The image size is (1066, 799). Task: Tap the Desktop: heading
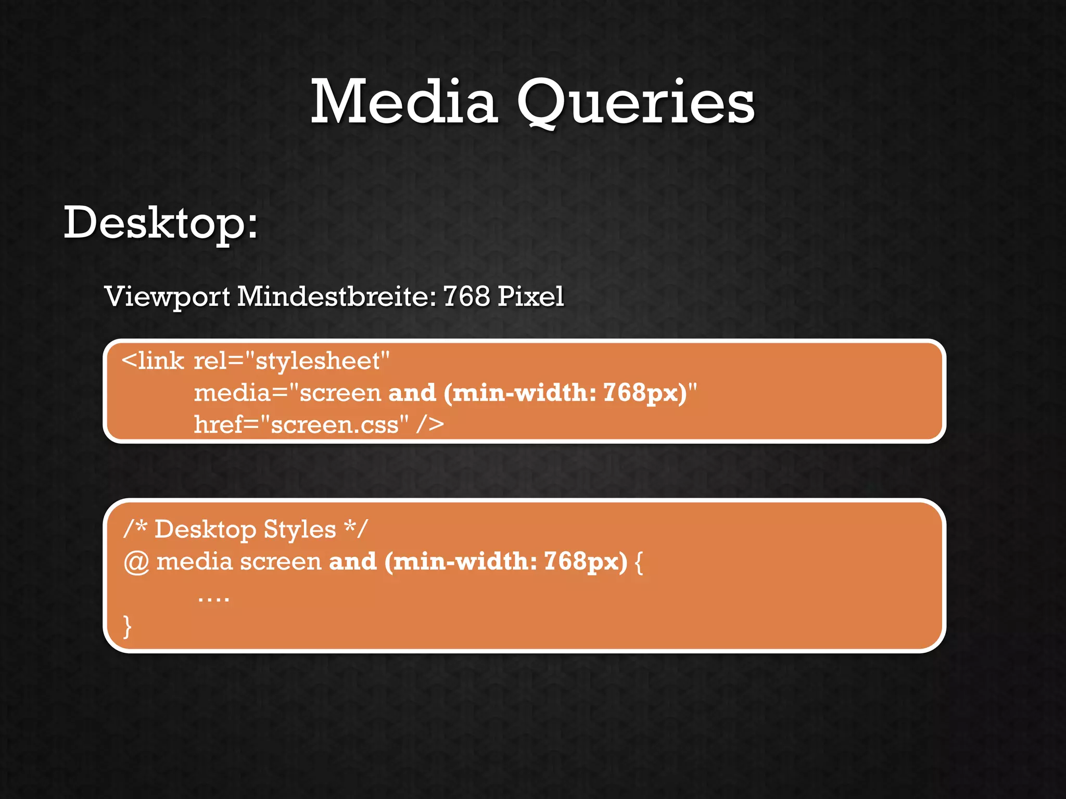[x=160, y=223]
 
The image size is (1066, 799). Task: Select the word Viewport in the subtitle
[x=167, y=297]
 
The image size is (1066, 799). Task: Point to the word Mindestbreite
[x=337, y=297]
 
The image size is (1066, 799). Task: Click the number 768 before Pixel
[x=466, y=297]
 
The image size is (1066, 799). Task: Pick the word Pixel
[x=530, y=297]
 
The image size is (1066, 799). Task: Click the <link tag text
[x=153, y=361]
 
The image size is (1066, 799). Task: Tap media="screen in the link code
[x=287, y=393]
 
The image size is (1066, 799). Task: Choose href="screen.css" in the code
[x=301, y=424]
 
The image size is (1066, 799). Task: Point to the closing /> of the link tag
[x=430, y=424]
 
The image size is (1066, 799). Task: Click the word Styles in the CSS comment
[x=299, y=530]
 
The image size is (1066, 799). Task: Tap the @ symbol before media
[x=136, y=562]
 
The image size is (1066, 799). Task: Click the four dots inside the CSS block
[x=213, y=598]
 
